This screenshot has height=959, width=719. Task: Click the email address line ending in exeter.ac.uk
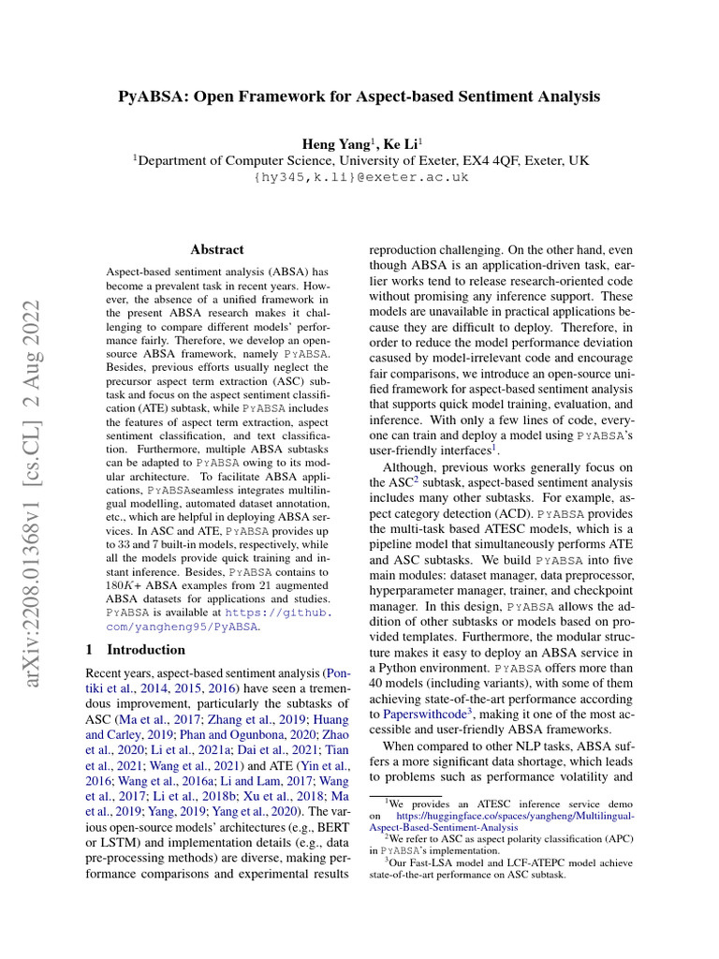click(360, 177)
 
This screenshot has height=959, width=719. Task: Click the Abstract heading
click(217, 249)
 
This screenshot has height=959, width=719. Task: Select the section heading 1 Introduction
click(136, 649)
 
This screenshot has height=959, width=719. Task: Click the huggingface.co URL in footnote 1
click(516, 816)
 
